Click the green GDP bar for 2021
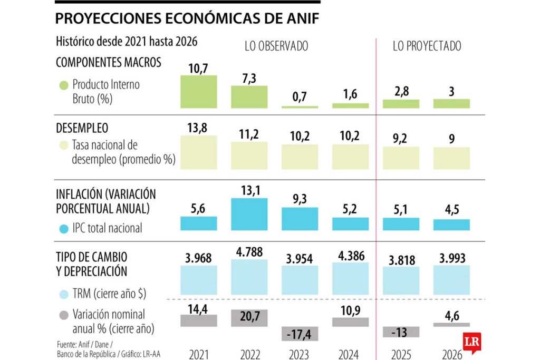coord(199,92)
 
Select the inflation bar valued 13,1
coord(249,214)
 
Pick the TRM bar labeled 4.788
coord(249,279)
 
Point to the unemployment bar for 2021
coord(199,152)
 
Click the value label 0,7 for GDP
coord(300,97)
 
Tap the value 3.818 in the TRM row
coord(401,260)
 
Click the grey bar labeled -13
coord(401,332)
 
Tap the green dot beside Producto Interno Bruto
coord(64,84)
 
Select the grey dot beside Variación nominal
coord(64,315)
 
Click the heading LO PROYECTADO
coord(427,46)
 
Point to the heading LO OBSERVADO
coord(276,46)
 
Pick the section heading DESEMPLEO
coord(82,128)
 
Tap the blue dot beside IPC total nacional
coord(64,229)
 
